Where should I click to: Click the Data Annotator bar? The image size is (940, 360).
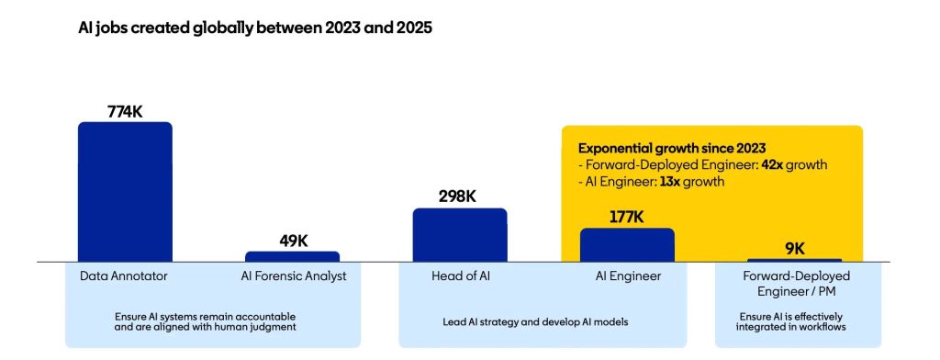click(125, 192)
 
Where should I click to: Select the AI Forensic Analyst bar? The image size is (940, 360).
click(292, 256)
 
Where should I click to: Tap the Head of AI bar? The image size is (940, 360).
click(459, 235)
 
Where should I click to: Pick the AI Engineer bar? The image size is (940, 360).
click(627, 245)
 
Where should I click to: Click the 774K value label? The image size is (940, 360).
click(125, 110)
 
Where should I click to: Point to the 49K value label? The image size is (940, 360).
click(293, 241)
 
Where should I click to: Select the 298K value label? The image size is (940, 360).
click(459, 197)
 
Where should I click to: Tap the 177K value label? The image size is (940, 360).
click(627, 217)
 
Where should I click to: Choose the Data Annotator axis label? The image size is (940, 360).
click(125, 276)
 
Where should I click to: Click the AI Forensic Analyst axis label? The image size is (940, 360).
click(292, 276)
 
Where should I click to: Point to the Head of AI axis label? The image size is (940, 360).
click(459, 276)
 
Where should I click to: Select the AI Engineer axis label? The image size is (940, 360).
click(627, 276)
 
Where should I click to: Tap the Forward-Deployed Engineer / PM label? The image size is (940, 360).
click(795, 283)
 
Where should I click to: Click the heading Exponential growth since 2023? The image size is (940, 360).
click(672, 148)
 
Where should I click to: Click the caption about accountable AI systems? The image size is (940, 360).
click(212, 321)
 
